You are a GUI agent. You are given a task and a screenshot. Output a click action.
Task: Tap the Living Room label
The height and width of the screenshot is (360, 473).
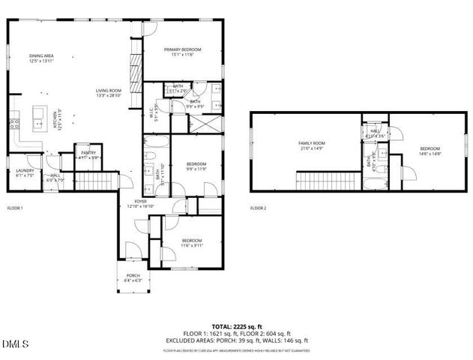pos(110,92)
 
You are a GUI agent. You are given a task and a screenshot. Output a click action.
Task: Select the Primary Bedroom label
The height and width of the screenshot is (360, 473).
pos(183,52)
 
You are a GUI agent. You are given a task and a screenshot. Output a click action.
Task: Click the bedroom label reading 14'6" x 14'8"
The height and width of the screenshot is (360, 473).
pos(430,150)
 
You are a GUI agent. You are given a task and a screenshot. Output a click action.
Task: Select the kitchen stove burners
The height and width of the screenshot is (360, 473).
pos(13,123)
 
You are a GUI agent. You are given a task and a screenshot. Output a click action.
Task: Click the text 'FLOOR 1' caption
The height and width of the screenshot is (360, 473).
pos(15,208)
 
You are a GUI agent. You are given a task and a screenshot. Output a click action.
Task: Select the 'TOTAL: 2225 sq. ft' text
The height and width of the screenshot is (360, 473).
pos(236,328)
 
